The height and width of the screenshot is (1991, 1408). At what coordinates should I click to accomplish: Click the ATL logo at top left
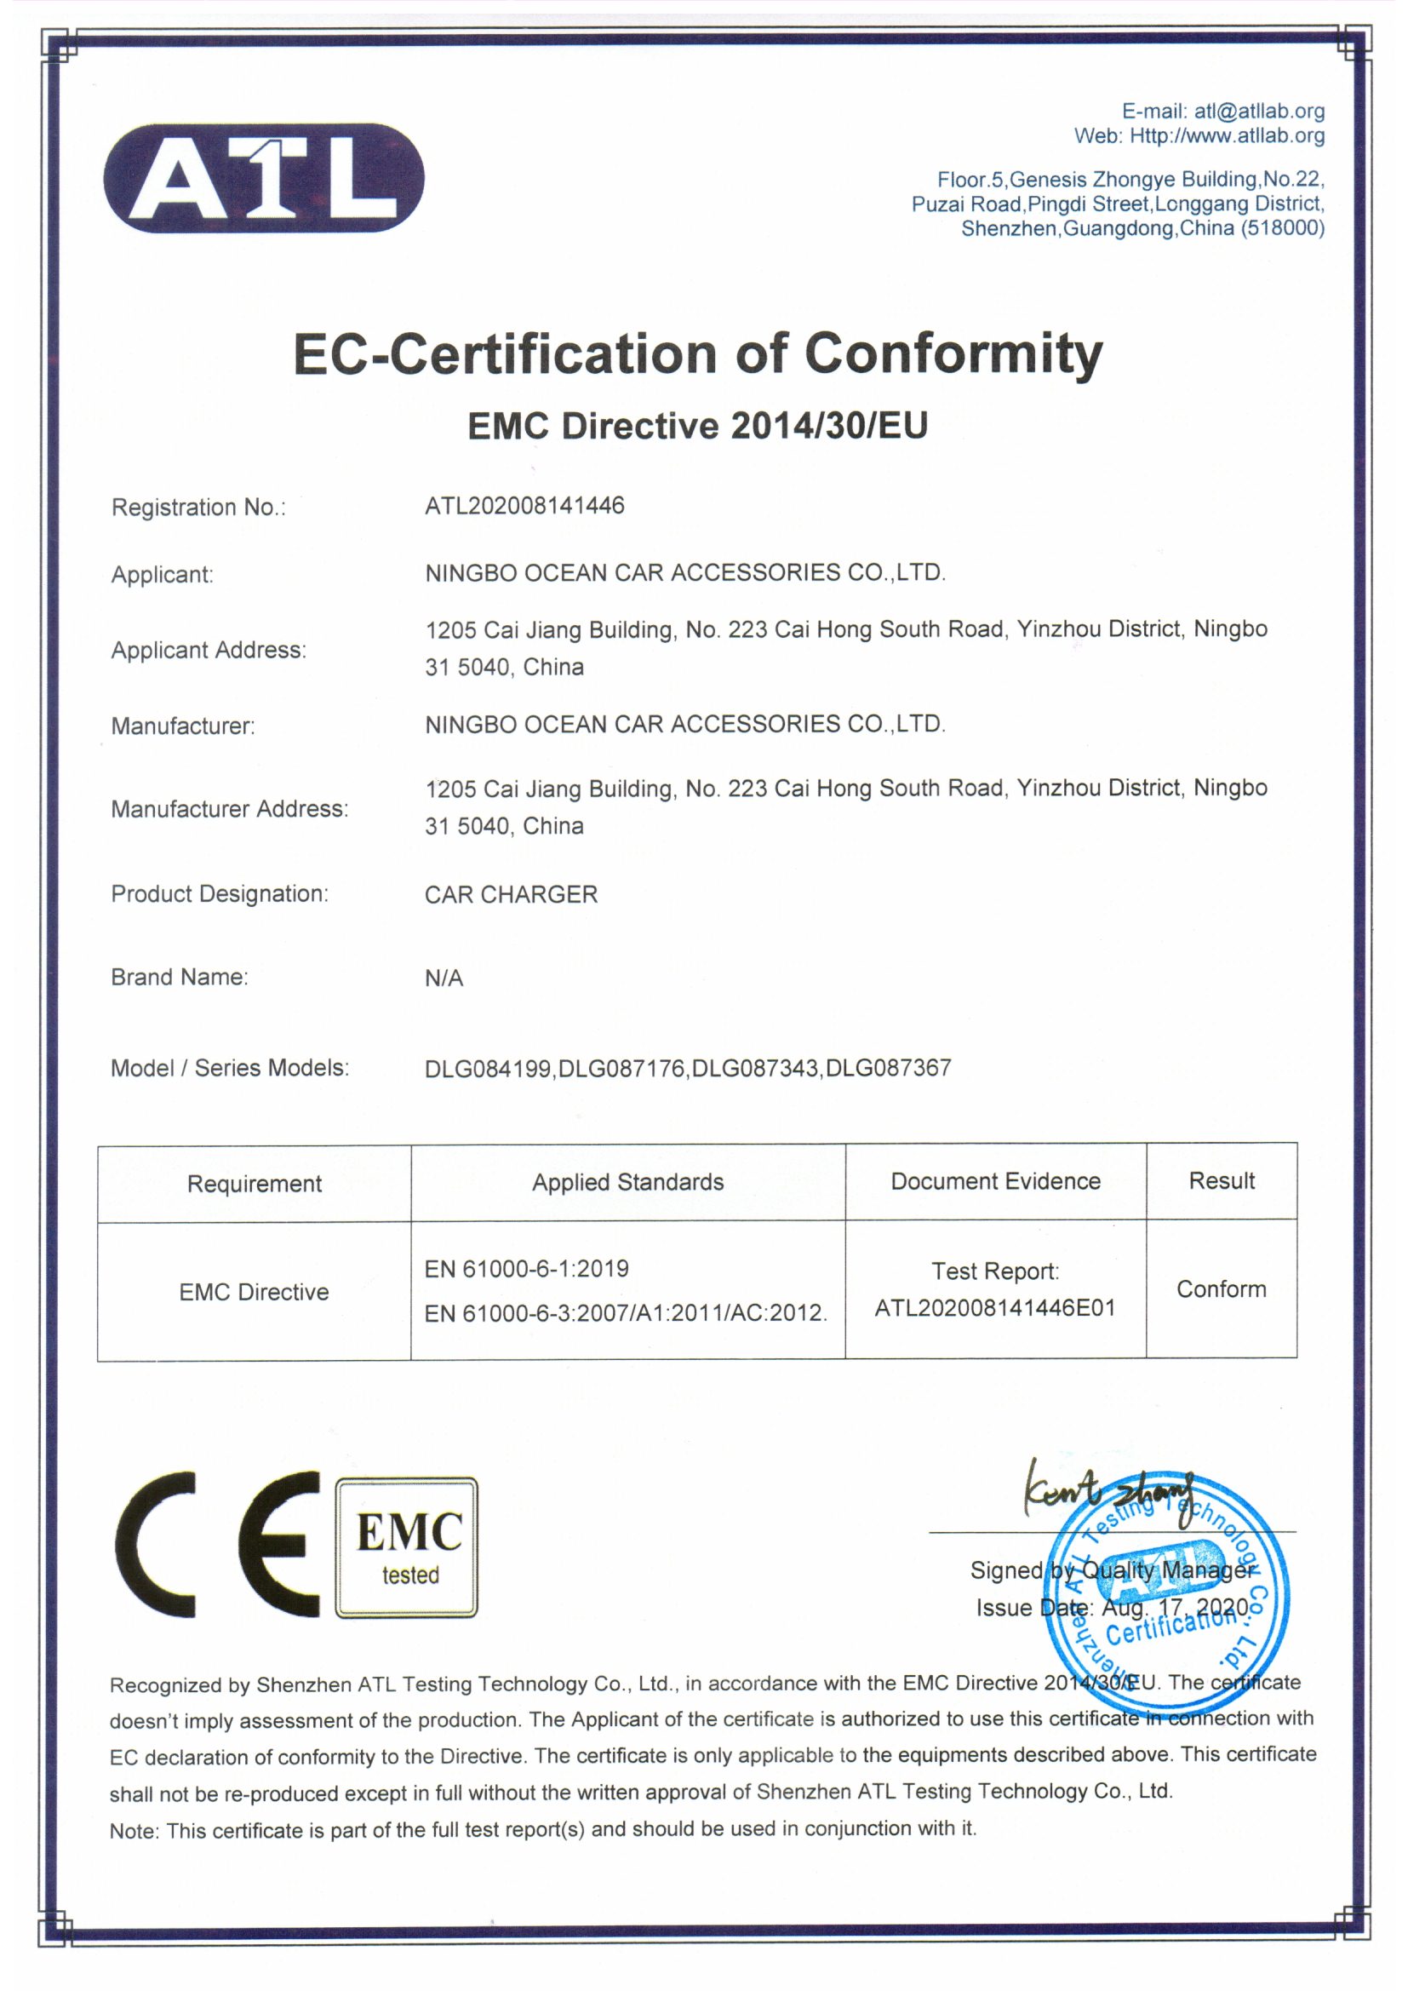[x=264, y=178]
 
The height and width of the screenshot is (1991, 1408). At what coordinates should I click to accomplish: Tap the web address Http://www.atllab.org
[x=1227, y=136]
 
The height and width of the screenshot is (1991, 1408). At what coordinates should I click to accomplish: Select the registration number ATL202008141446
[x=524, y=506]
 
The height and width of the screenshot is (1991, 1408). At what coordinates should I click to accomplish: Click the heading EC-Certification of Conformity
[x=698, y=354]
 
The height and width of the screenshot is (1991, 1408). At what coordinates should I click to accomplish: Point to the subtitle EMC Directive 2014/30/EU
[x=698, y=426]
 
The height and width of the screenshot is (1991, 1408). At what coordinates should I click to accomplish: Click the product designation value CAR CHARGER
[x=511, y=894]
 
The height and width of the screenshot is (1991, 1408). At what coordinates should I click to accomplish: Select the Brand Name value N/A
[x=444, y=978]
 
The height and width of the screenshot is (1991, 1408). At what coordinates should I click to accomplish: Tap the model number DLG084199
[x=488, y=1069]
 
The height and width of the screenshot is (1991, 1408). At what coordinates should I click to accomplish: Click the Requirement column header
[x=254, y=1184]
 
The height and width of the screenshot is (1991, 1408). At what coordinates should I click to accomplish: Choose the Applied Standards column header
[x=627, y=1182]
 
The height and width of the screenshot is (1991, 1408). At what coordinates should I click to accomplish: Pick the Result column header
[x=1222, y=1180]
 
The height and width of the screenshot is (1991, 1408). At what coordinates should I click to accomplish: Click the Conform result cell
[x=1221, y=1288]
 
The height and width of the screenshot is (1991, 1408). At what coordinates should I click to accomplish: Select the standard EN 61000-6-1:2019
[x=526, y=1269]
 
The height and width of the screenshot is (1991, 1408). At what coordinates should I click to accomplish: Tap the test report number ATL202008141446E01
[x=994, y=1308]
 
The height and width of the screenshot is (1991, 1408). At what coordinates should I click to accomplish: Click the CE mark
[x=217, y=1545]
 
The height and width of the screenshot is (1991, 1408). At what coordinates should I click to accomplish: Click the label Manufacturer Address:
[x=229, y=809]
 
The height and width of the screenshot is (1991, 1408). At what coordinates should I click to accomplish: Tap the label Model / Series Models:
[x=229, y=1069]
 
